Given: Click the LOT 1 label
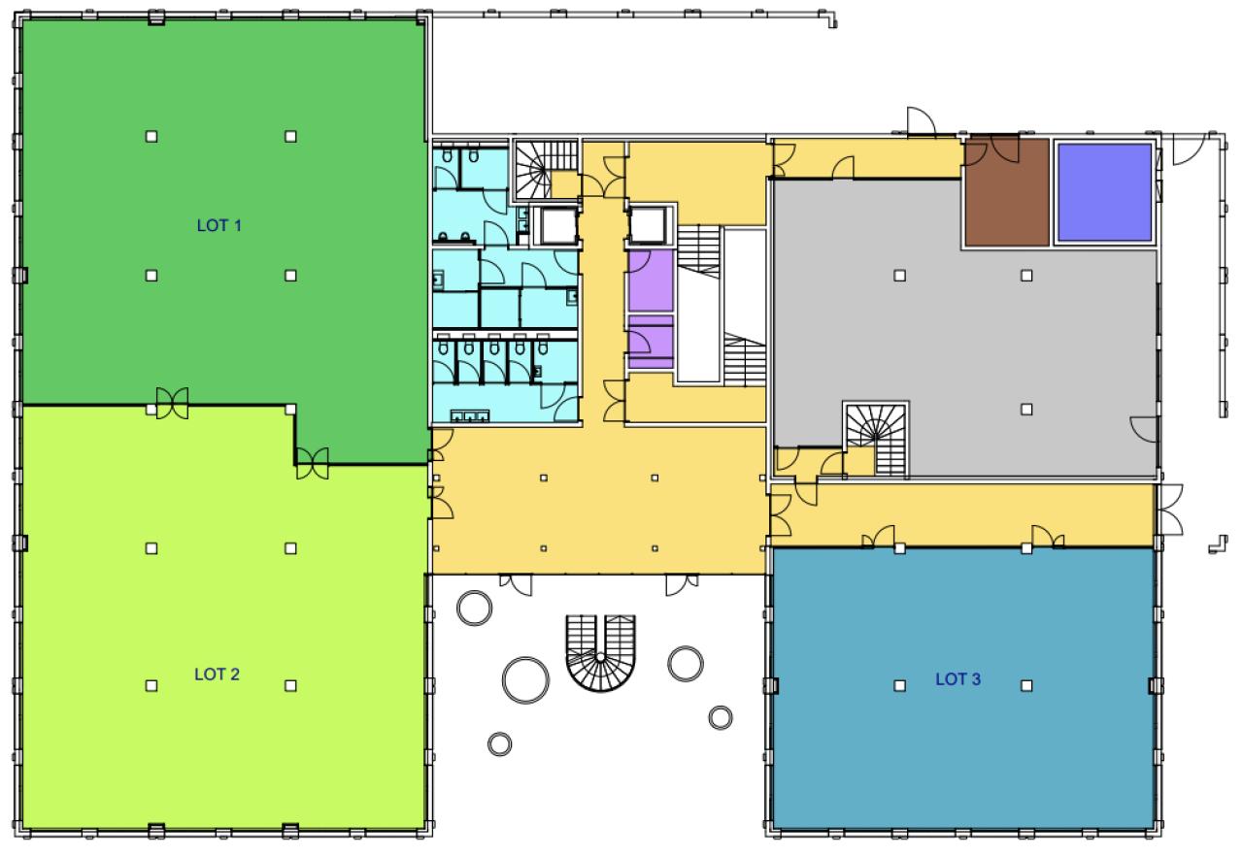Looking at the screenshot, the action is pyautogui.click(x=219, y=226).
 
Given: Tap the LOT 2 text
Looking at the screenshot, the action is pyautogui.click(x=217, y=674).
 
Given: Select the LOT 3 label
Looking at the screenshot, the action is pyautogui.click(x=958, y=679).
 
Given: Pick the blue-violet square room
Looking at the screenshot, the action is pyautogui.click(x=1104, y=192).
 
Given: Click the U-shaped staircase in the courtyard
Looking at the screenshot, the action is pyautogui.click(x=600, y=652).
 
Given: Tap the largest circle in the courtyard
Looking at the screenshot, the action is pyautogui.click(x=525, y=680).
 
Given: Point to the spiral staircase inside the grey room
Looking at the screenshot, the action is pyautogui.click(x=876, y=439).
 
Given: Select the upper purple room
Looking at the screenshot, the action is pyautogui.click(x=651, y=280).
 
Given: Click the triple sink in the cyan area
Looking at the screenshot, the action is pyautogui.click(x=470, y=416).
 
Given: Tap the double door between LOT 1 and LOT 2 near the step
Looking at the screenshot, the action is pyautogui.click(x=313, y=463).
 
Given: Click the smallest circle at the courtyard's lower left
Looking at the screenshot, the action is pyautogui.click(x=499, y=743).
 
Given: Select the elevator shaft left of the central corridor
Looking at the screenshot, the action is pyautogui.click(x=558, y=226).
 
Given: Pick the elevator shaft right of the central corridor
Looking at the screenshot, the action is pyautogui.click(x=648, y=226).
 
